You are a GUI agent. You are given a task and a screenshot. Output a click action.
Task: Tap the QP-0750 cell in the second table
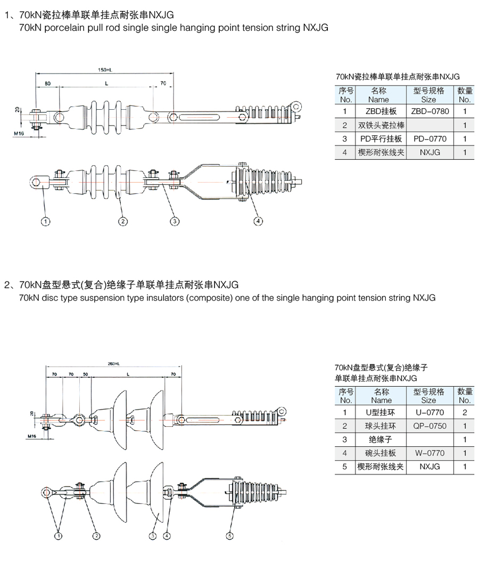pyautogui.click(x=430, y=426)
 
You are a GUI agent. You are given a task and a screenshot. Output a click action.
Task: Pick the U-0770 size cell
pyautogui.click(x=430, y=412)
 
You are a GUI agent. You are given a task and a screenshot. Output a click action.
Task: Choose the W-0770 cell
pyautogui.click(x=430, y=453)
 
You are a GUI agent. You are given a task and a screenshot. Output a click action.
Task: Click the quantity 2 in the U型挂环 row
pyautogui.click(x=465, y=412)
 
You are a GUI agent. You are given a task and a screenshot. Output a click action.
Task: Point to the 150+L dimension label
pyautogui.click(x=105, y=69)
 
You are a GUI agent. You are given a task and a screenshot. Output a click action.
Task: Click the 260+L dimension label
pyautogui.click(x=113, y=363)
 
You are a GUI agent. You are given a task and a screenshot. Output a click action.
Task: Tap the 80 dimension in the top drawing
pyautogui.click(x=47, y=84)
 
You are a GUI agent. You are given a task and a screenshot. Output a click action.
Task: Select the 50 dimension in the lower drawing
pyautogui.click(x=85, y=375)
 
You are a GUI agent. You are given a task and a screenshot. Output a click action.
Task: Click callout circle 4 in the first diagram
pyautogui.click(x=258, y=221)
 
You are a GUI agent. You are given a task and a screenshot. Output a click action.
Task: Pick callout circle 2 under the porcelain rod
pyautogui.click(x=123, y=221)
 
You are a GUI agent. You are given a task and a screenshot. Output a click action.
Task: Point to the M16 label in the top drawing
pyautogui.click(x=20, y=134)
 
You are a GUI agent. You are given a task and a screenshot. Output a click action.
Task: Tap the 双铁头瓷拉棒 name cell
pyautogui.click(x=381, y=125)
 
